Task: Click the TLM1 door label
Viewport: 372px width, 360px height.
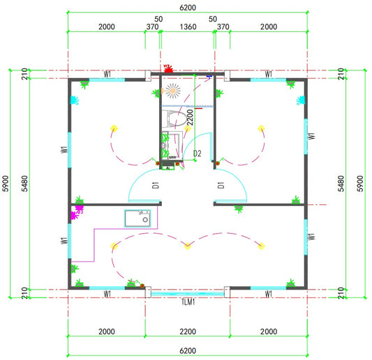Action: pos(188,302)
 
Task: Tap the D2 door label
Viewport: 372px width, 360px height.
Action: pos(197,153)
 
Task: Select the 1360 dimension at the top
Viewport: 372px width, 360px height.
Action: pos(188,27)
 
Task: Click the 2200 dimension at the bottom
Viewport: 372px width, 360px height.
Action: pos(188,331)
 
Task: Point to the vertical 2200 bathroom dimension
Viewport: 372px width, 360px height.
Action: pos(190,117)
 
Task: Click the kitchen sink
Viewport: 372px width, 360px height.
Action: pos(137,218)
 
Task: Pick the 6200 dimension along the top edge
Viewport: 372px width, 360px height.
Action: pos(188,8)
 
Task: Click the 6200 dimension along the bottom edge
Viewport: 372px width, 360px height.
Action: pos(188,350)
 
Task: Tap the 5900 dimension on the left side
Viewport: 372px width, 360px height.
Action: pos(6,183)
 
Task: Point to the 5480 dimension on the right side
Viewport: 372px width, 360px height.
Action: pos(341,183)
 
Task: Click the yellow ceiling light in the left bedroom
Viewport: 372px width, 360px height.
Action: pos(114,128)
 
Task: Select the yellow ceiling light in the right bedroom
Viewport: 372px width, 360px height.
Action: pos(261,128)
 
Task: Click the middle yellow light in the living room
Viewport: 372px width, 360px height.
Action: pos(188,246)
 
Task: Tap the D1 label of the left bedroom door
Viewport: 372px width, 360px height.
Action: pos(156,185)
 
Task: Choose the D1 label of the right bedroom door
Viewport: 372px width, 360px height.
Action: pos(221,185)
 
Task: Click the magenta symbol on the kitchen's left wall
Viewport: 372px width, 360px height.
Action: pos(76,212)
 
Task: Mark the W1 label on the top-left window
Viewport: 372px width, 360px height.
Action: pos(107,74)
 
